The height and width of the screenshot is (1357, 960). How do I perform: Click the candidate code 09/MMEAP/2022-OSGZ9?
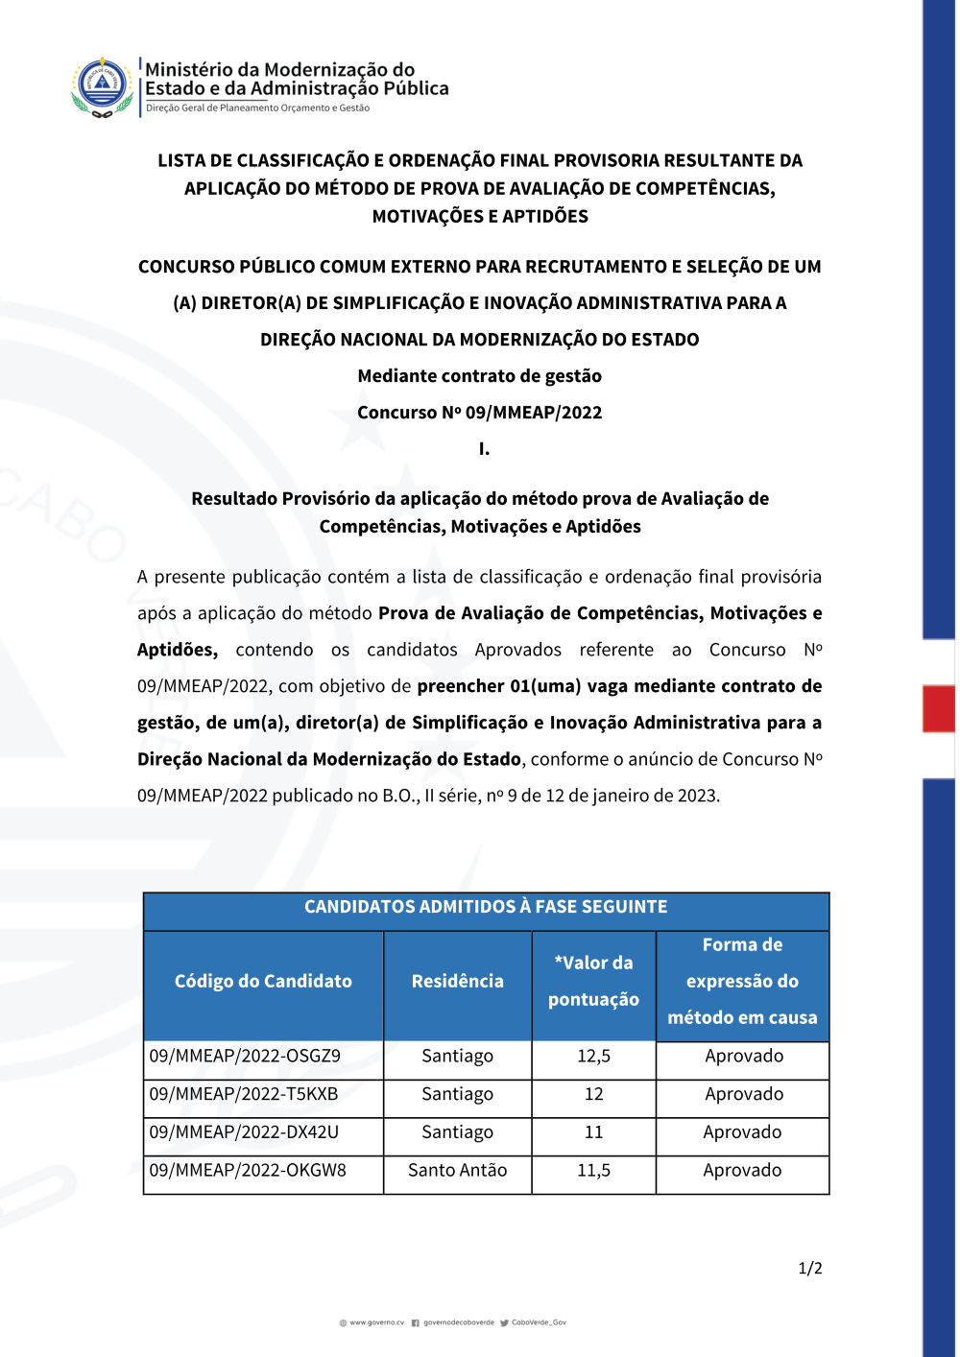(245, 1056)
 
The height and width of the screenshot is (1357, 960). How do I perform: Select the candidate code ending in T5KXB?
(244, 1094)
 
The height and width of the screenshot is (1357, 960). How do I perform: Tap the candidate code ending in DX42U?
(244, 1132)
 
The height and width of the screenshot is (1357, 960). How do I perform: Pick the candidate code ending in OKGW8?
(248, 1171)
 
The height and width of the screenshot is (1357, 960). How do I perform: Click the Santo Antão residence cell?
(457, 1171)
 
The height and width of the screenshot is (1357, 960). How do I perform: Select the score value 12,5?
(593, 1056)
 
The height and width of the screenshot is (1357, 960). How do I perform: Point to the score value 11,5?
(593, 1171)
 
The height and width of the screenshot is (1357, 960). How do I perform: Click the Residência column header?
(457, 981)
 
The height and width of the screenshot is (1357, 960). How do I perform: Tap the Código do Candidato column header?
(263, 981)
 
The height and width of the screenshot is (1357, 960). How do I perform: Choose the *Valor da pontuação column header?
(593, 981)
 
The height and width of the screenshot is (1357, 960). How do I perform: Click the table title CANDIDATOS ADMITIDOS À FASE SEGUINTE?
(486, 907)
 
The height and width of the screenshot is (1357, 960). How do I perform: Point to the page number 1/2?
(810, 1269)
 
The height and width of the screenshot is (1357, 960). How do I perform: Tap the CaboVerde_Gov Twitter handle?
(539, 1322)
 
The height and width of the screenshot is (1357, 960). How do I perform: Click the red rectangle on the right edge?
(938, 708)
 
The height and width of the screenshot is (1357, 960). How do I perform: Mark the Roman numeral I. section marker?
(484, 449)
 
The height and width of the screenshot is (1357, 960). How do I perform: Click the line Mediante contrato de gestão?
(480, 376)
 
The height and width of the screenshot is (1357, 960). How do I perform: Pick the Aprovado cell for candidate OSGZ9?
(744, 1056)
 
